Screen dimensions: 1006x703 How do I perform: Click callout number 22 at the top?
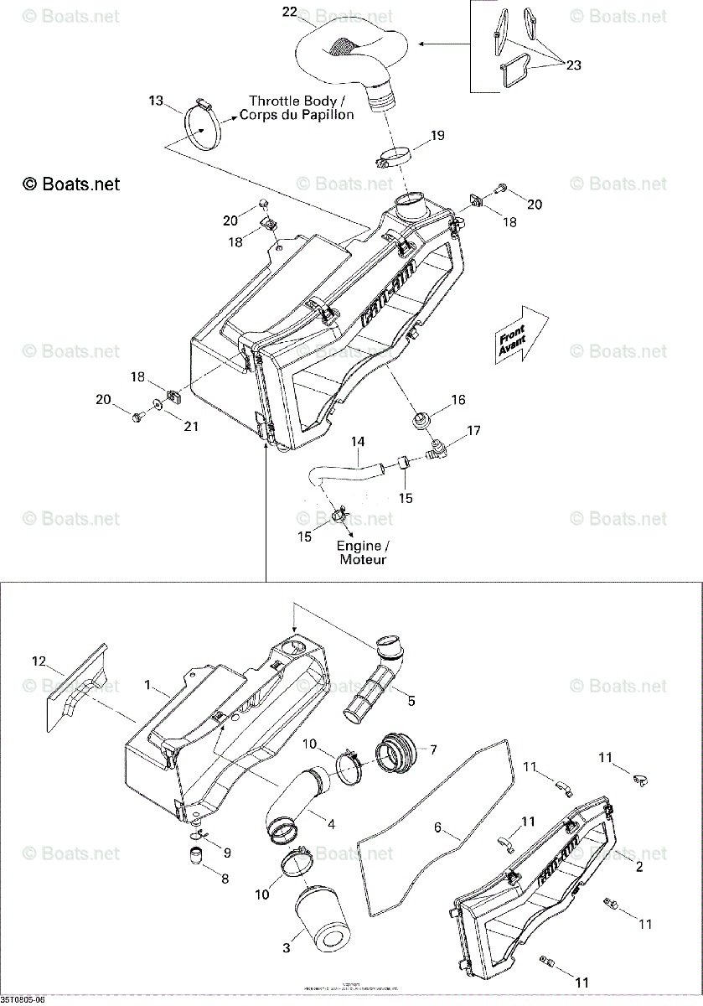(x=289, y=12)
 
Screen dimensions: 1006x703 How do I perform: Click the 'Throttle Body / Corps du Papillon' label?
(x=296, y=107)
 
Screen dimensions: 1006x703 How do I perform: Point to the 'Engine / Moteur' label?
(x=363, y=552)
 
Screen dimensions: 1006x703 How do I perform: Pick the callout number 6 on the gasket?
(x=437, y=827)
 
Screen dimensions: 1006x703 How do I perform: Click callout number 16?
(x=458, y=400)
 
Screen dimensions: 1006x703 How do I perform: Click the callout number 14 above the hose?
(x=358, y=441)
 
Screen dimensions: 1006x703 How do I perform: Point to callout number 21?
(x=192, y=427)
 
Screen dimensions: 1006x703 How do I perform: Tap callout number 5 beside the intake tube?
(x=411, y=700)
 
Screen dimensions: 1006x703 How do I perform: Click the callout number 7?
(x=432, y=748)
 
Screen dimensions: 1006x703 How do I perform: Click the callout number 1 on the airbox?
(x=147, y=686)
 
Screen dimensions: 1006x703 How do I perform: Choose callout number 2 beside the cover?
(x=639, y=866)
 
